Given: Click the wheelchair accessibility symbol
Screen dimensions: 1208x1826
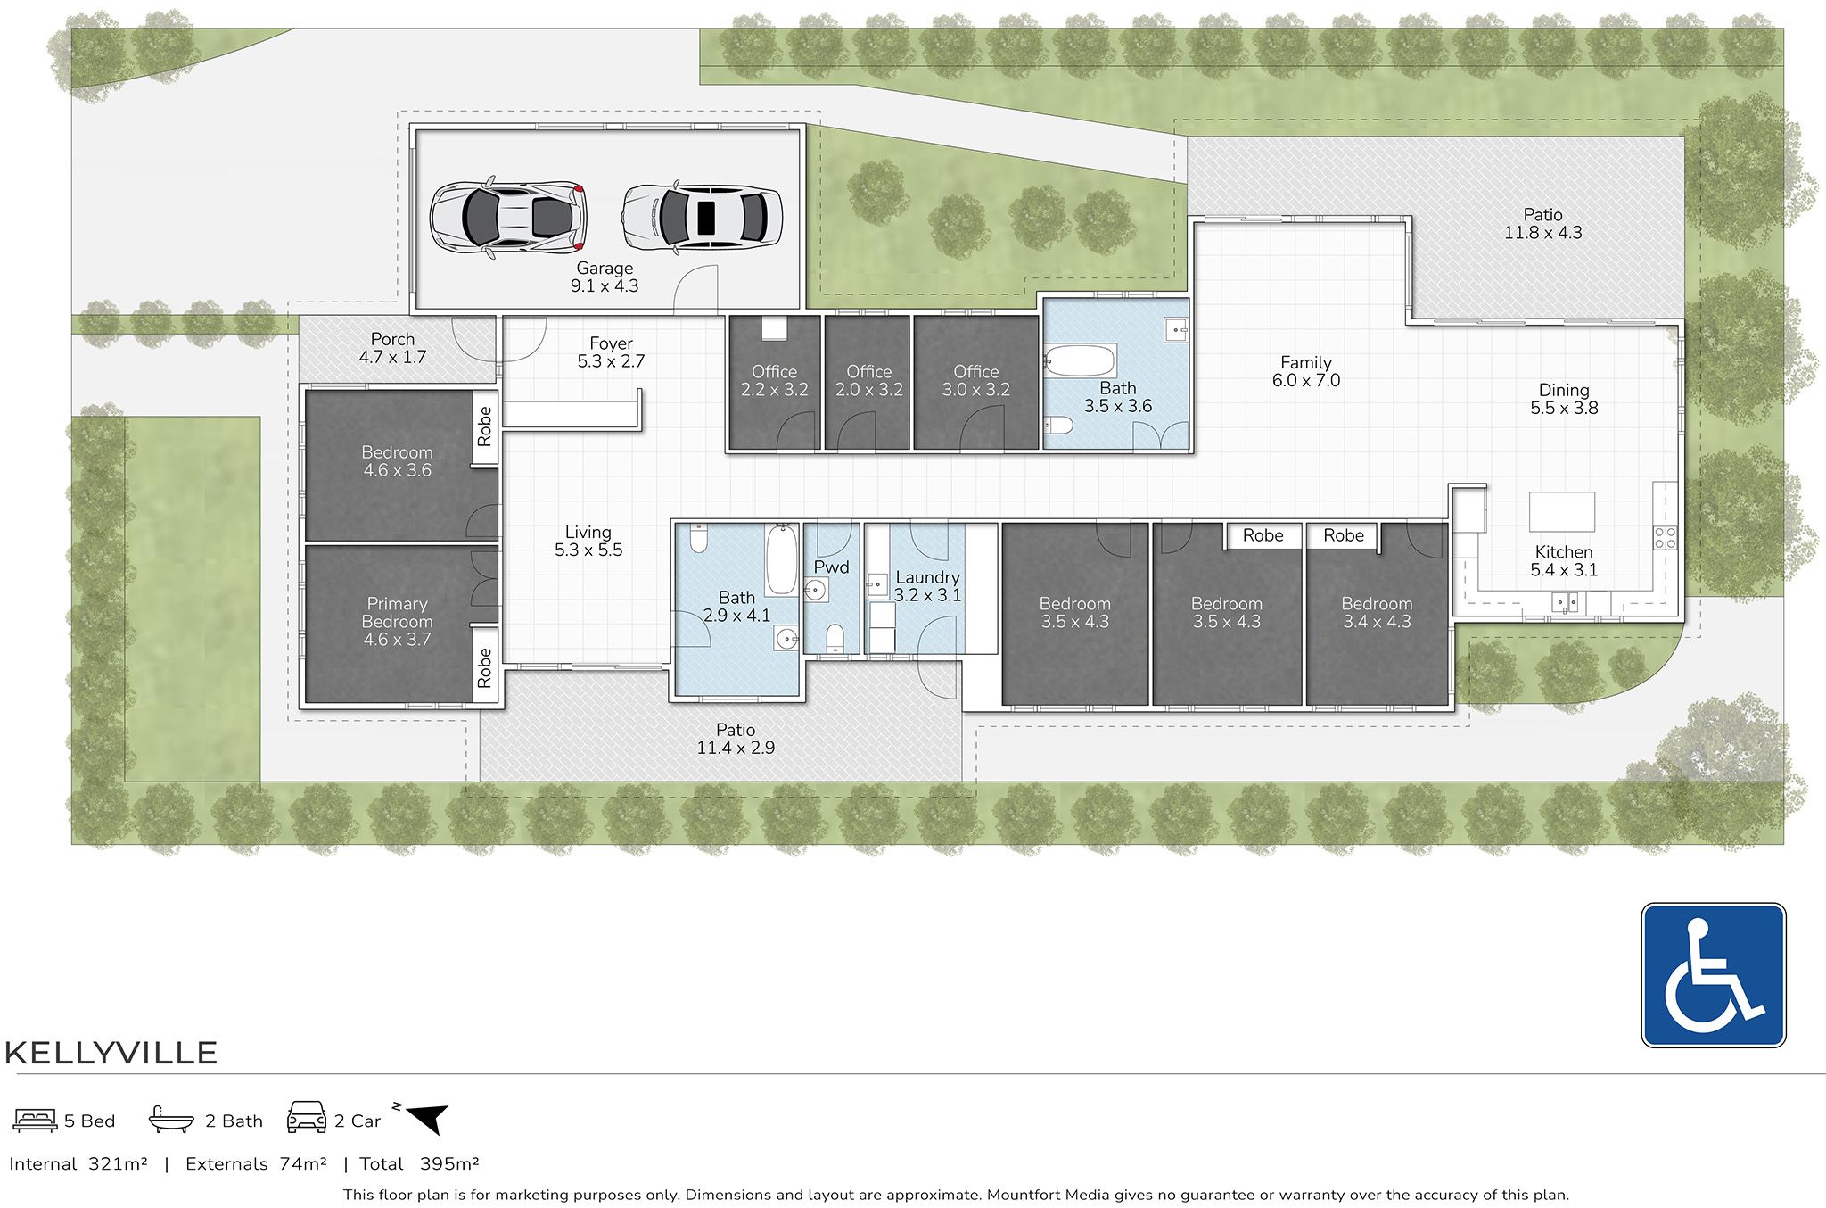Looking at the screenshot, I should tap(1713, 974).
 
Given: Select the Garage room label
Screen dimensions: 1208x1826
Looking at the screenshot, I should tap(605, 269).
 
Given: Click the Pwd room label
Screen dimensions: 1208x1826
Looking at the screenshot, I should tap(831, 567).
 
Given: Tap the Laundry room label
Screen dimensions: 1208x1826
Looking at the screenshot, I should tap(927, 578).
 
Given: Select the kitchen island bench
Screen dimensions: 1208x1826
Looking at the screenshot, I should tap(1561, 511).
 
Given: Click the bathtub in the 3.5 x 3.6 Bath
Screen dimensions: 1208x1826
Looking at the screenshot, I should tap(1080, 362).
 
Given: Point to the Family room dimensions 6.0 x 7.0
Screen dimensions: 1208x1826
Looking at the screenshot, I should tap(1305, 381).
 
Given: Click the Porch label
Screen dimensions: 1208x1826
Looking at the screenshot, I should tap(392, 340).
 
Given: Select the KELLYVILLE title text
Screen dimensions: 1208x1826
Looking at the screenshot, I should tap(111, 1053).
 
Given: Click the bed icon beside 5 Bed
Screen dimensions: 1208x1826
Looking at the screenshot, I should tap(36, 1120).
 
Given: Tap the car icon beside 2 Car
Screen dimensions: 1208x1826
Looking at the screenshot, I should tap(307, 1118).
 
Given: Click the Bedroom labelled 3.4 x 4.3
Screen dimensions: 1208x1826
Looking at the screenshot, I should tap(1376, 613).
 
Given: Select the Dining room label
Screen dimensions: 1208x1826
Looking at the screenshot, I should tap(1563, 391).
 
